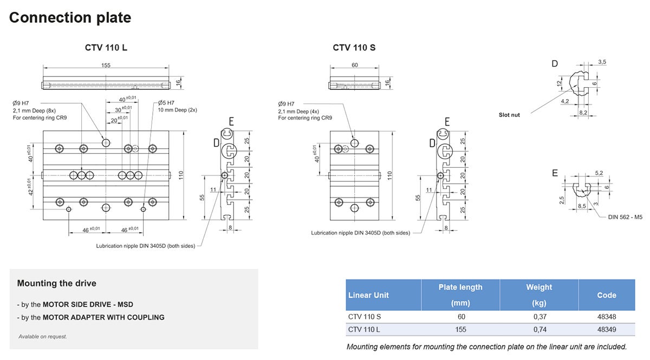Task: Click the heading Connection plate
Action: tap(70, 17)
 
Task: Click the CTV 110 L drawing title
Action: tap(106, 48)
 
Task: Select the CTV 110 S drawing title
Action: tap(354, 48)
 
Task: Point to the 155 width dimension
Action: tap(106, 66)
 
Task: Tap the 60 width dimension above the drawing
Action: tap(354, 66)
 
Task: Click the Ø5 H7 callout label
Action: tap(166, 103)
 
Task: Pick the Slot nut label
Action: tap(509, 115)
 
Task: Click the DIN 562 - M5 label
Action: tap(625, 217)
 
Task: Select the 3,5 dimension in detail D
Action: tap(602, 62)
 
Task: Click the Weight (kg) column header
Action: tap(539, 295)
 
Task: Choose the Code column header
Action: tap(607, 295)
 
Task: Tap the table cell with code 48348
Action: tap(607, 317)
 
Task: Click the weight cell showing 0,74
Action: tap(539, 330)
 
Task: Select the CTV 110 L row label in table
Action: tap(364, 330)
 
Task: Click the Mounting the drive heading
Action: tap(56, 283)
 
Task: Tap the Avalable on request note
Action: tap(43, 337)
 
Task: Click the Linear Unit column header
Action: tap(368, 295)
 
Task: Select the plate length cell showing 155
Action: tap(460, 330)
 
